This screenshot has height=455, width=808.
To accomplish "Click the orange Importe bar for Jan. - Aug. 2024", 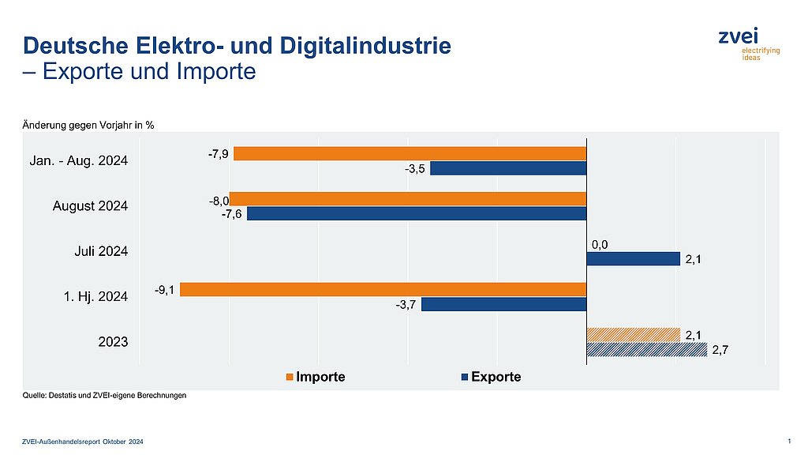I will click(x=410, y=153).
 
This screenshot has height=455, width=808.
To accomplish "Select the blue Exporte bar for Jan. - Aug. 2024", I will click(x=508, y=168).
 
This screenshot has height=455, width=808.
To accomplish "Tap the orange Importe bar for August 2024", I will click(x=407, y=198).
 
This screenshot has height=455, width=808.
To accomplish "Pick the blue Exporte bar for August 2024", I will click(x=417, y=213).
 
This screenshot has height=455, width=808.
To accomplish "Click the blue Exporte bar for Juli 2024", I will click(x=633, y=258).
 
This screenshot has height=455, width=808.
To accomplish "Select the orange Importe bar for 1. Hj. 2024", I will click(x=383, y=289).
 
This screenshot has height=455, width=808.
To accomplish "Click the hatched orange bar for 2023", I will click(x=633, y=334).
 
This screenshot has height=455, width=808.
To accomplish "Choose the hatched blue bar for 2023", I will click(x=646, y=349).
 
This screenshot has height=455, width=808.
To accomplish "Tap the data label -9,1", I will click(x=164, y=289).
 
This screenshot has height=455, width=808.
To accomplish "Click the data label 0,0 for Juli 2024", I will click(x=600, y=245).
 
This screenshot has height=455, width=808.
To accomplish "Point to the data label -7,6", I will click(x=231, y=215).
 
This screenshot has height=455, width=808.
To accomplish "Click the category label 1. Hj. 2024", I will click(x=96, y=296).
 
